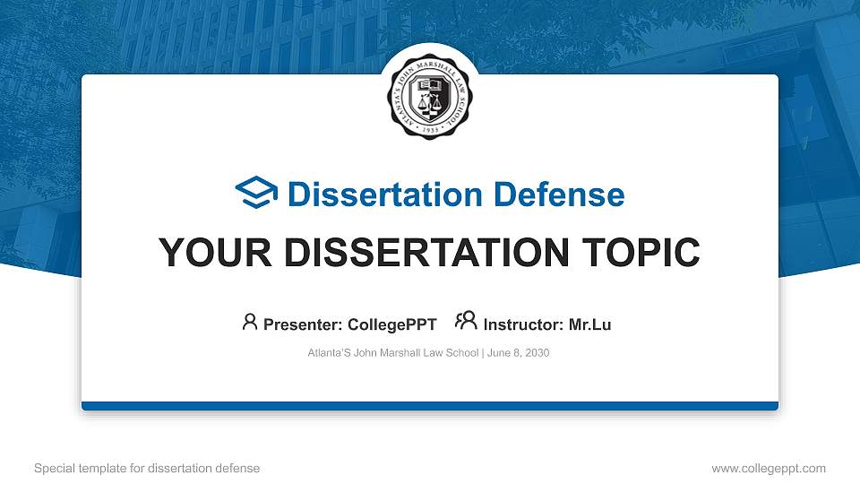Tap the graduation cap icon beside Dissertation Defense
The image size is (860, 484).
[257, 194]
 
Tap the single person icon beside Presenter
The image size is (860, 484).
[250, 323]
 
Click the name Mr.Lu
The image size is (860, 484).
[589, 324]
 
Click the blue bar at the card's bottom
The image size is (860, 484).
[430, 406]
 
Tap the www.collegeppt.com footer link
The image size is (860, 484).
[769, 468]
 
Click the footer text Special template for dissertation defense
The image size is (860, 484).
[147, 468]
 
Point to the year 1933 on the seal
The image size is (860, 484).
[430, 127]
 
